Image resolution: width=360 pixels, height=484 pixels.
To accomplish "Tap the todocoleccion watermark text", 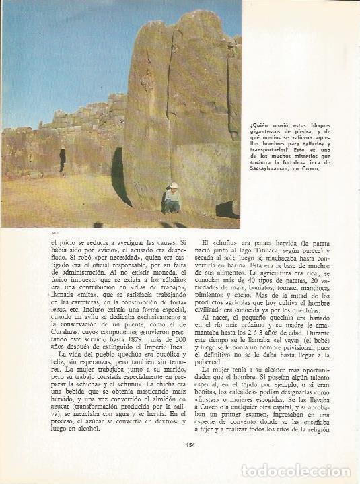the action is point(295,471).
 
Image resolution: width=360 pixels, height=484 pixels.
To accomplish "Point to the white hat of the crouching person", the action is point(174,185).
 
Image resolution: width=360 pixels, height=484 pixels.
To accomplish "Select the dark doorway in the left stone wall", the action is point(63,160).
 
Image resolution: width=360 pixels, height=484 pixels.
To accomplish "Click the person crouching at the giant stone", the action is point(172,199).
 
